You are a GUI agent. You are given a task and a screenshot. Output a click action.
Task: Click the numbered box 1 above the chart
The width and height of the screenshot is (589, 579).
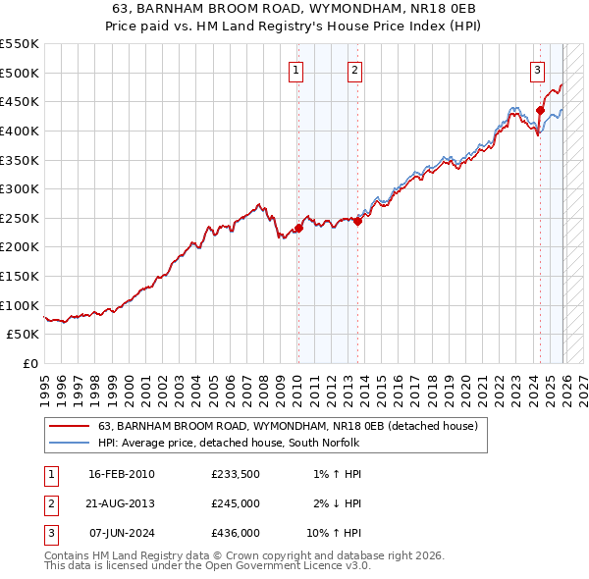tap(295, 70)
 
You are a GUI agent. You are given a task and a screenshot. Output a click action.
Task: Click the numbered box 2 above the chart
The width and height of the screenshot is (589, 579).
tap(353, 70)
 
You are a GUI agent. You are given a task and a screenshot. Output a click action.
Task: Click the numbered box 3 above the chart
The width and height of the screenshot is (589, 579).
tap(538, 70)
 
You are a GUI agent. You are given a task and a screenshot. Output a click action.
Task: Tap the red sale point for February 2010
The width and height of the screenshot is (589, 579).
tap(298, 228)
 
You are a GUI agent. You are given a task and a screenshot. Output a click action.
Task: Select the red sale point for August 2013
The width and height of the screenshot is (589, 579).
tap(357, 221)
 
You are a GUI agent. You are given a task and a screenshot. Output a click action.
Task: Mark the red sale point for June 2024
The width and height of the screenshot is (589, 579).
tap(540, 110)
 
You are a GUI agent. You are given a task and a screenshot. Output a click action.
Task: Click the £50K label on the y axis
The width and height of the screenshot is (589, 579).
tap(24, 334)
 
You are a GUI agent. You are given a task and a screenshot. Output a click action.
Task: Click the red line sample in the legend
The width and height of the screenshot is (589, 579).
tap(70, 426)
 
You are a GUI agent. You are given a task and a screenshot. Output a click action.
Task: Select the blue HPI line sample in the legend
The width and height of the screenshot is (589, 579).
tap(70, 443)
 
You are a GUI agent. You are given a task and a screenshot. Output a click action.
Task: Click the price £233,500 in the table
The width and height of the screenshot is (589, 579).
tap(235, 474)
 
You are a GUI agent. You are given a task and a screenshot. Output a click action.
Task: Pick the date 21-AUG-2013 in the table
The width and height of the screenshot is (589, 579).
tap(121, 503)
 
